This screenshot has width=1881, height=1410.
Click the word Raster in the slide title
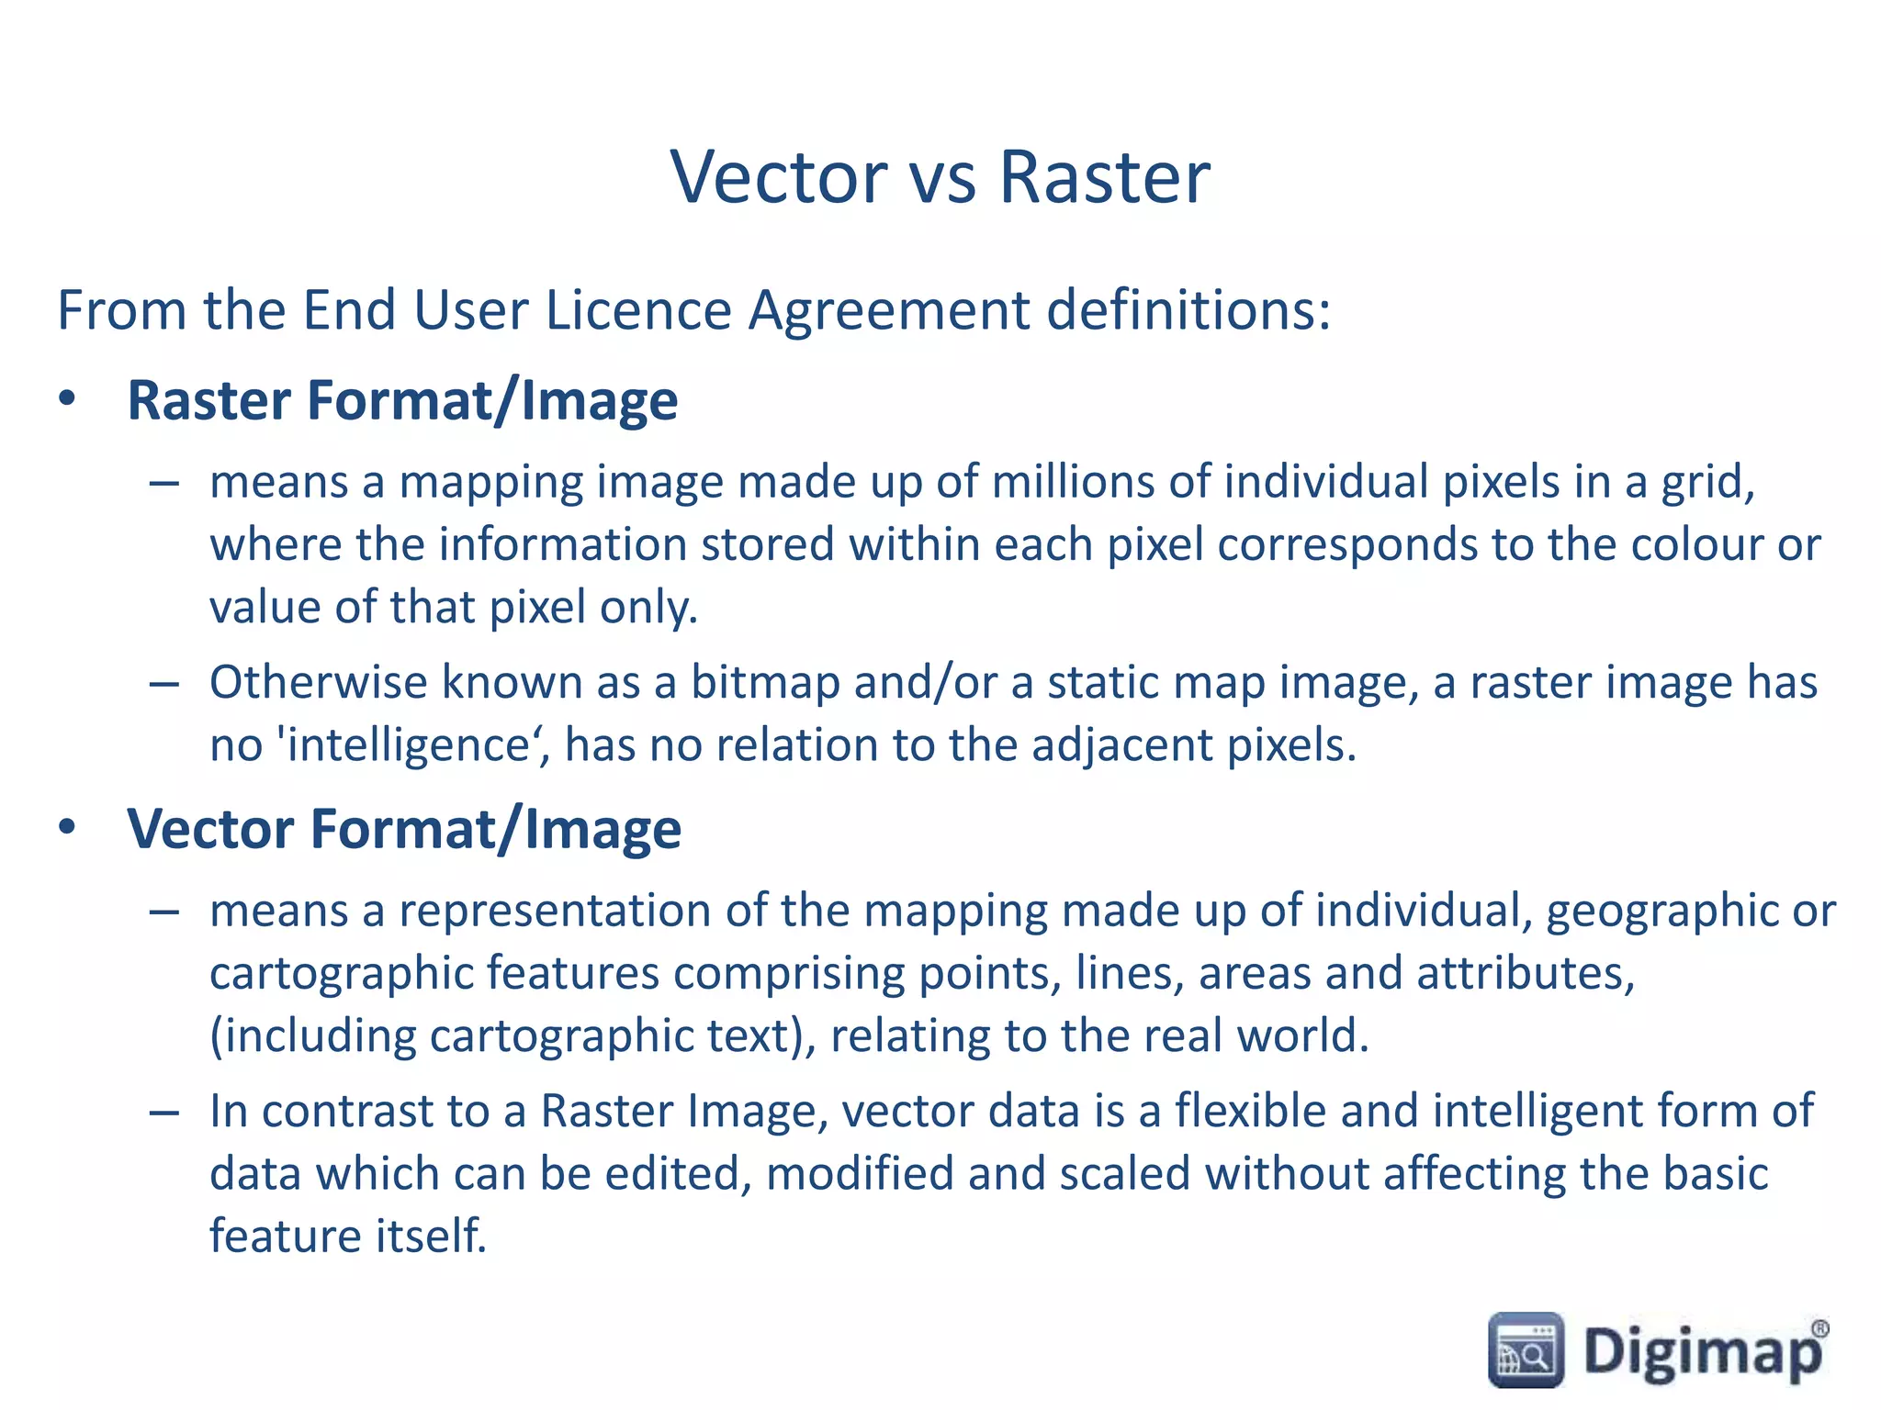[1104, 176]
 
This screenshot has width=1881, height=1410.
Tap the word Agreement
[889, 309]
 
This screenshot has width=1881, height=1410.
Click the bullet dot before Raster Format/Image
[67, 400]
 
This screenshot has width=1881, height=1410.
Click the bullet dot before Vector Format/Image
[67, 828]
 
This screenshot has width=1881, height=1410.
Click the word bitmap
[765, 682]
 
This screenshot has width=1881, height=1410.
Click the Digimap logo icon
[1526, 1349]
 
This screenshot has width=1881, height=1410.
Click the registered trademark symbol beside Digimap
[1819, 1327]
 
